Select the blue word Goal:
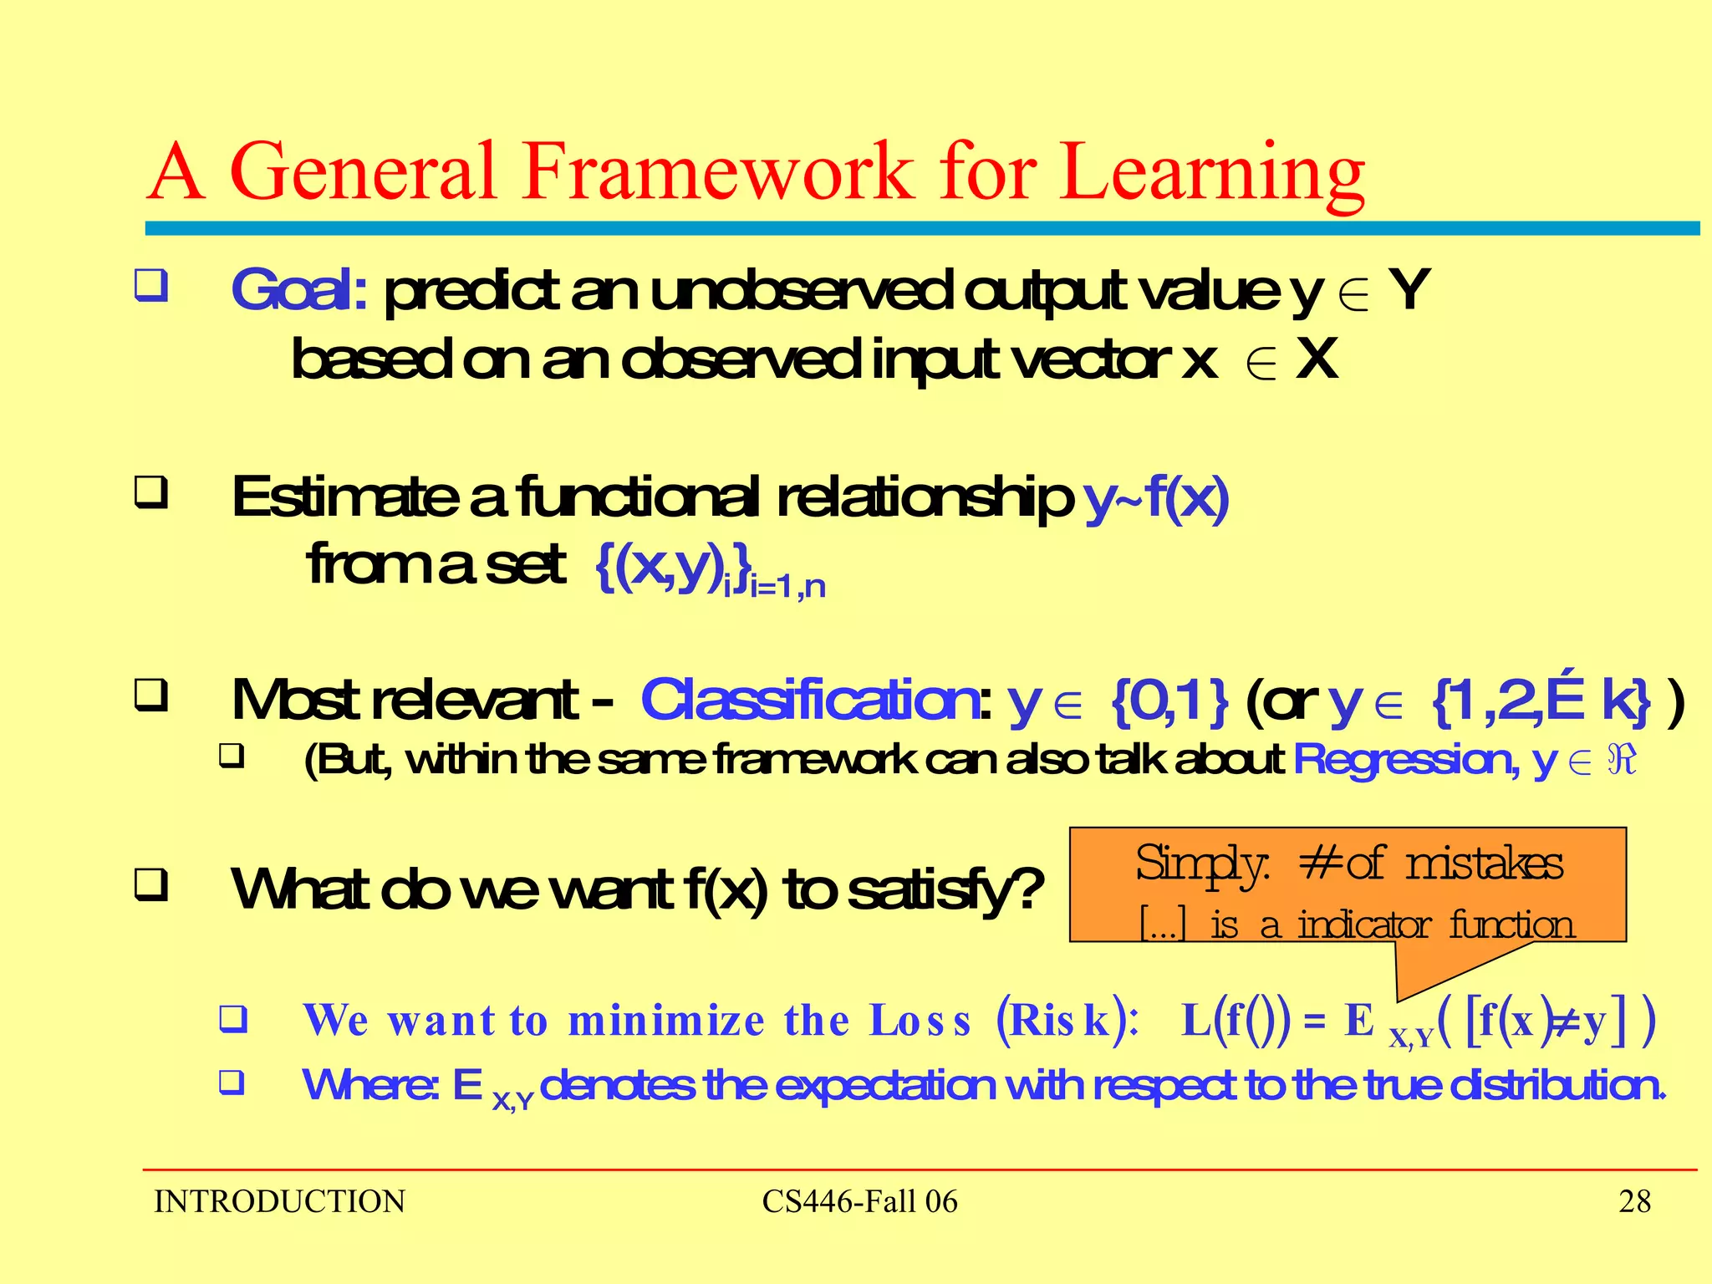tap(298, 290)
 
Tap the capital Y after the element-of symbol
tap(1409, 289)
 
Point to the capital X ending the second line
tap(1317, 359)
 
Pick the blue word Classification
tap(809, 700)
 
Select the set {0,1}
tap(1169, 701)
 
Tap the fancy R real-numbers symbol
tap(1622, 760)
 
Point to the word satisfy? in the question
tap(945, 889)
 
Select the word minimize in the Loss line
tap(665, 1021)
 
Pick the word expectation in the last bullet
tap(885, 1085)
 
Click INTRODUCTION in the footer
tap(279, 1201)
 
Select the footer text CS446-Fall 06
tap(859, 1201)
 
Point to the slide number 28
tap(1634, 1201)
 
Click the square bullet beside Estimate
tap(151, 492)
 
